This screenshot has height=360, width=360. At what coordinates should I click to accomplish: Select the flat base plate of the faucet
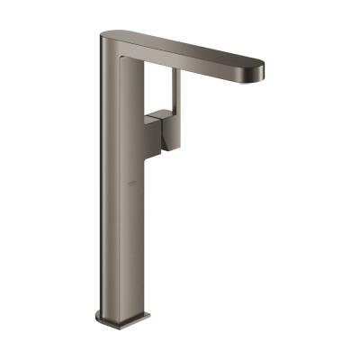(122, 319)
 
